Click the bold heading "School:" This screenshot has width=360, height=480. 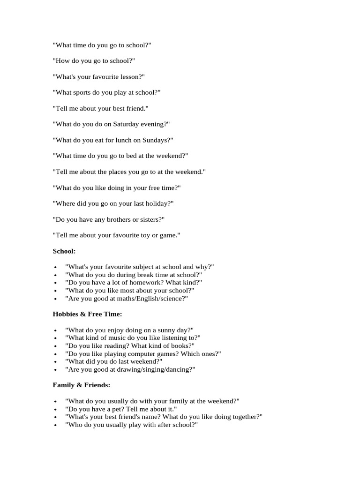[64, 251]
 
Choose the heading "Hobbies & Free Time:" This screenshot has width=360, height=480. [87, 314]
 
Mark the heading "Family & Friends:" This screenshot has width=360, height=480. [81, 385]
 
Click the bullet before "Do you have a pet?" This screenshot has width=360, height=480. [56, 410]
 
